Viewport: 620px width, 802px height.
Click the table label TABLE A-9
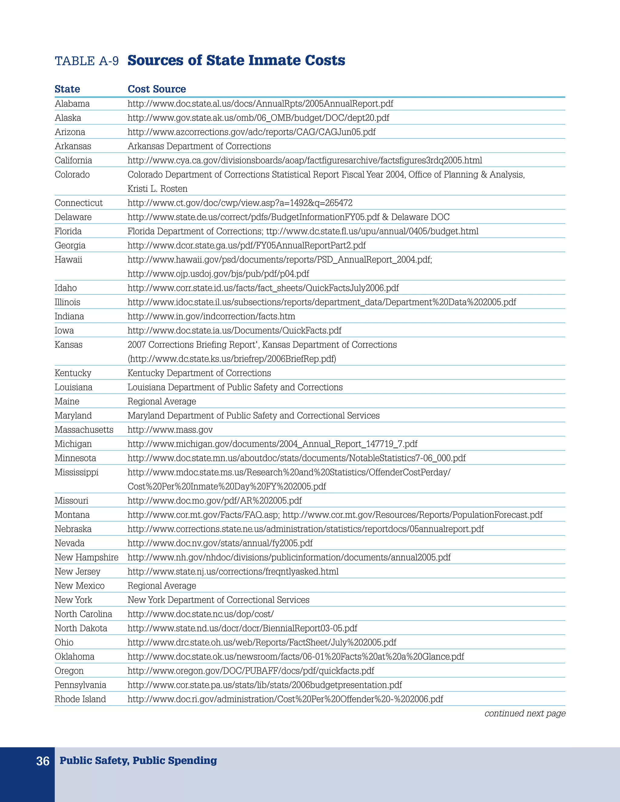pos(87,61)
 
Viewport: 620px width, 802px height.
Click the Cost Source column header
pos(157,89)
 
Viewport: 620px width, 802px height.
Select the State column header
pos(67,89)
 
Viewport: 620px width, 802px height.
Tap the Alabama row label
pos(72,104)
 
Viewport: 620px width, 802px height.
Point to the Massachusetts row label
pos(84,430)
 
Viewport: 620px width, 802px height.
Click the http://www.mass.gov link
pos(170,430)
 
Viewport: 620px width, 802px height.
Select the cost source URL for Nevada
pos(220,544)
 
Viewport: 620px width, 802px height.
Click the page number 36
pos(43,761)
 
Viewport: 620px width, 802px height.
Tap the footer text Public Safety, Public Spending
pos(138,761)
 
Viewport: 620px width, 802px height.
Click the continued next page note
pos(525,714)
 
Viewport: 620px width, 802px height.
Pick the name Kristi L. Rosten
pos(157,189)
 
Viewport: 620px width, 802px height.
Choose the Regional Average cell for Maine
pos(162,402)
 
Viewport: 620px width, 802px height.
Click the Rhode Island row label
pos(80,699)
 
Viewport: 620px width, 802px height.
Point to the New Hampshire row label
pos(86,558)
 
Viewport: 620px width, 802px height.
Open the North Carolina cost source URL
pos(200,614)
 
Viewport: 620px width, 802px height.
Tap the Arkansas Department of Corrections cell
pos(199,146)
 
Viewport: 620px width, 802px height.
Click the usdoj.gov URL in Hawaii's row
pos(218,274)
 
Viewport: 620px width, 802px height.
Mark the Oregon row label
pos(69,671)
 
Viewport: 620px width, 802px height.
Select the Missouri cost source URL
pos(215,501)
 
